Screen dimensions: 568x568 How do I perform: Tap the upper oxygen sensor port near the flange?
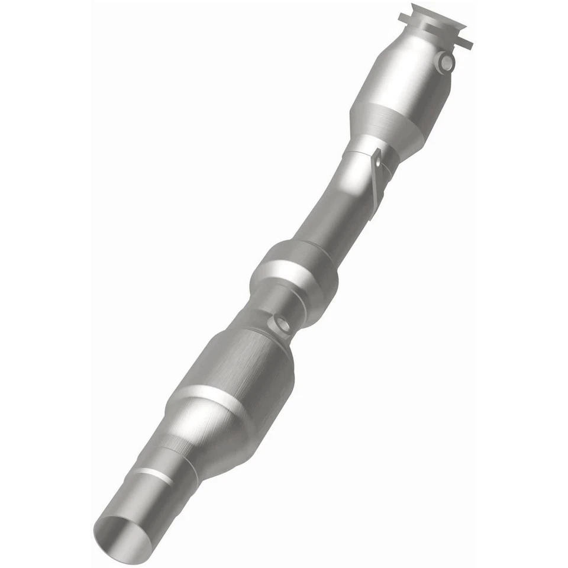coord(447,61)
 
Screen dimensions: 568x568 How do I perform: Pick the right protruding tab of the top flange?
coord(464,43)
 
